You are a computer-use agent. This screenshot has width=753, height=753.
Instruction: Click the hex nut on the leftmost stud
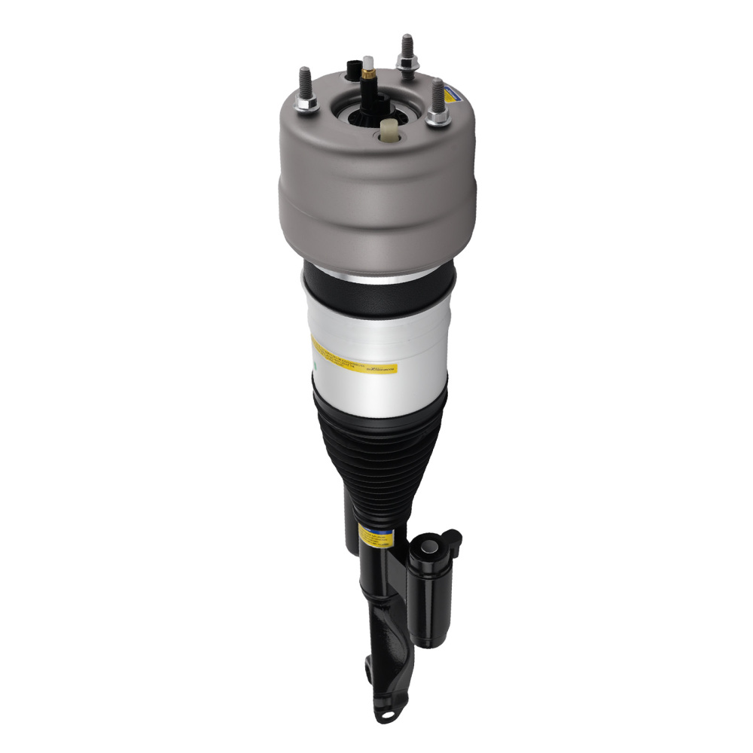click(x=306, y=104)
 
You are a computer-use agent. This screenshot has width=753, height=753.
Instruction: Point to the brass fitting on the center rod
click(x=368, y=75)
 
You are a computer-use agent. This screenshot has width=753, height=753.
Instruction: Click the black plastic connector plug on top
click(x=352, y=70)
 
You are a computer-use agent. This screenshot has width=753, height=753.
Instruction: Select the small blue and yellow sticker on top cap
click(x=453, y=93)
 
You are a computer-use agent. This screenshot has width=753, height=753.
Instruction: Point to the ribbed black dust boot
click(x=380, y=444)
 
